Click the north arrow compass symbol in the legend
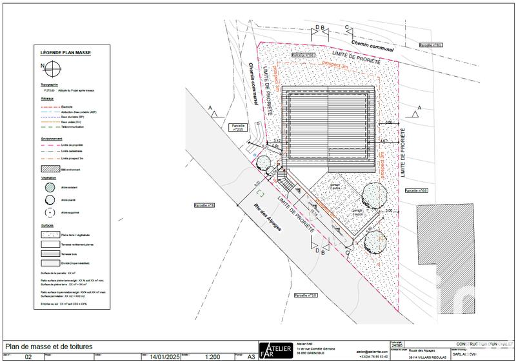pyautogui.click(x=52, y=67)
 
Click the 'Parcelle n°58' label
pyautogui.click(x=303, y=55)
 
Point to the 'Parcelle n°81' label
pyautogui.click(x=430, y=45)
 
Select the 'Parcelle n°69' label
pyautogui.click(x=416, y=191)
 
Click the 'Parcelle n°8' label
pyautogui.click(x=204, y=205)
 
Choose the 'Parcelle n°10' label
pyautogui.click(x=305, y=294)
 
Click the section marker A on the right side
pyautogui.click(x=419, y=107)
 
